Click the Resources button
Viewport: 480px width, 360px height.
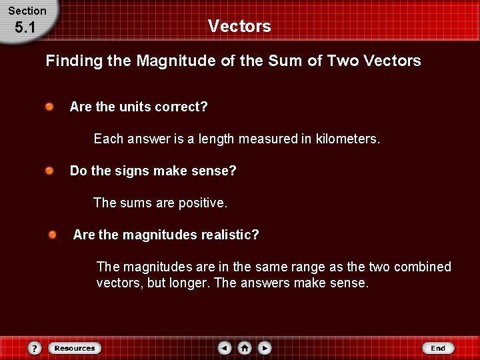[x=75, y=348]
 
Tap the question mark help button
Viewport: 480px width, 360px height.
[x=35, y=348]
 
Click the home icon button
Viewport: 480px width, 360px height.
[x=245, y=348]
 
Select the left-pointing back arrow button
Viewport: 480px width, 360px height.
[x=225, y=348]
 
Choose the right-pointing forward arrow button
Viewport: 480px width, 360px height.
[x=265, y=348]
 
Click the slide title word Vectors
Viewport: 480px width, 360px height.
[x=239, y=26]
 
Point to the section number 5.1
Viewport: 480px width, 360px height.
[x=25, y=28]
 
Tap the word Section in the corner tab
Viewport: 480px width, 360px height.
[x=27, y=11]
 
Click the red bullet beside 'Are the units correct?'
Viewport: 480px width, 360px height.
[x=50, y=107]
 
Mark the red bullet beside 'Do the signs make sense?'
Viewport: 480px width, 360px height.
[x=50, y=171]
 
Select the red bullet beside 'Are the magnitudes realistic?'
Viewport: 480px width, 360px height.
[x=53, y=235]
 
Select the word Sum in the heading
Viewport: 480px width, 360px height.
[x=282, y=61]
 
